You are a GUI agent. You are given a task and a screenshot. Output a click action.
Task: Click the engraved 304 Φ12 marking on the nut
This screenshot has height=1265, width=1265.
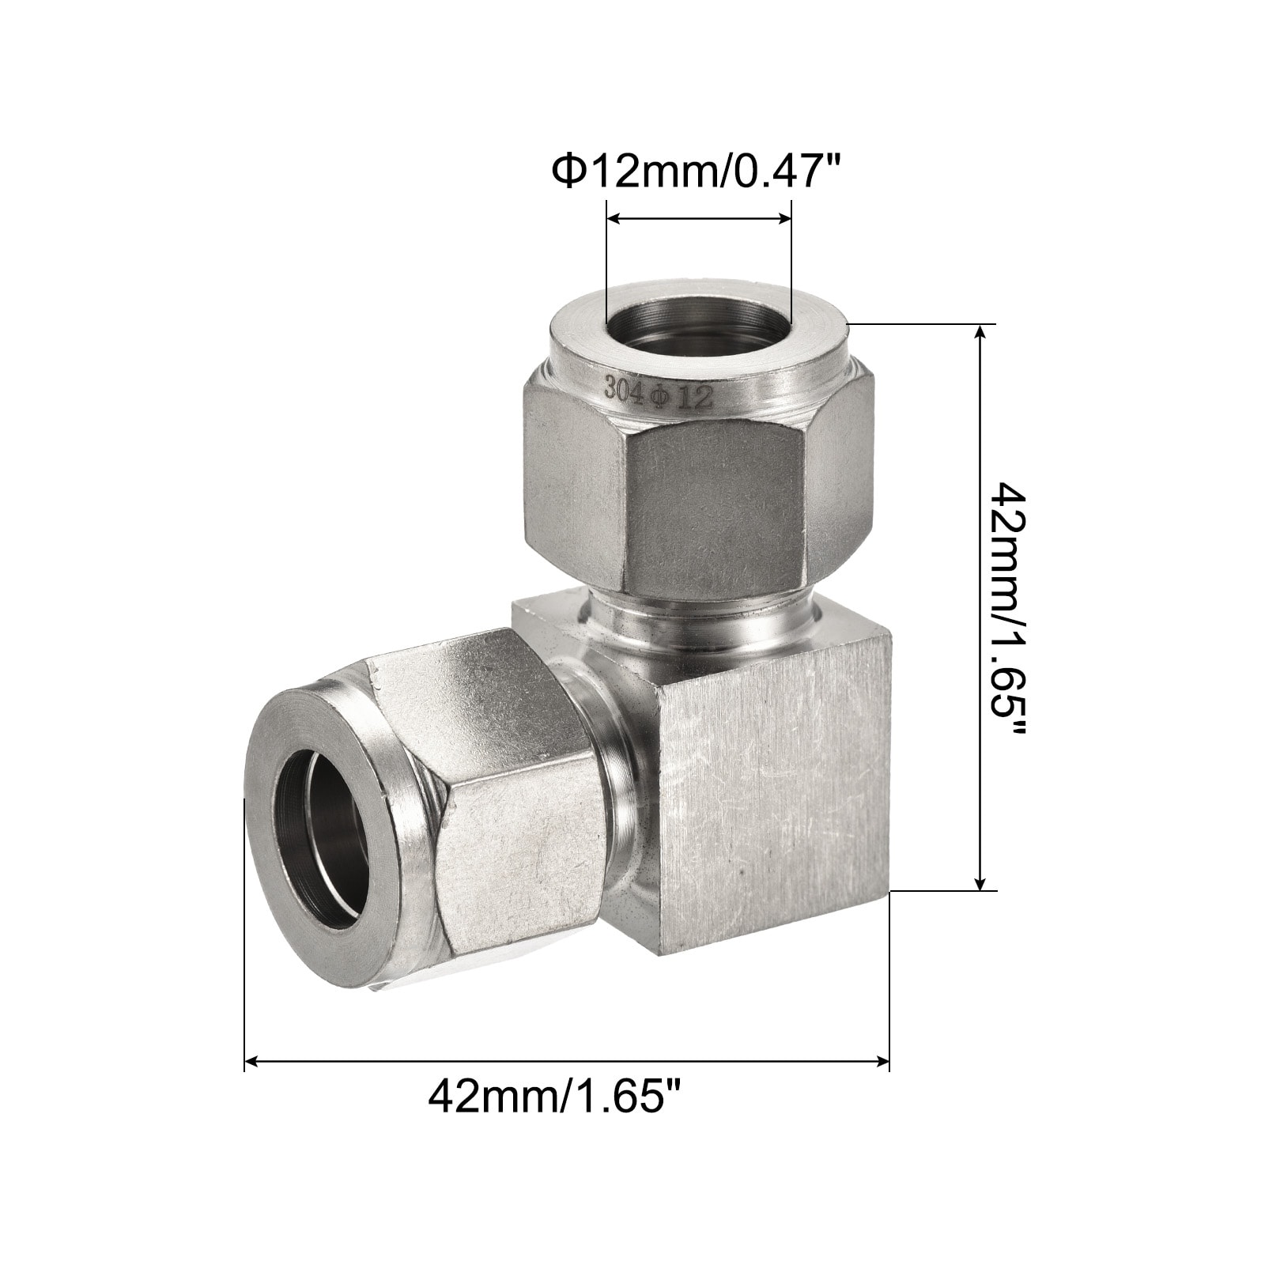pos(659,392)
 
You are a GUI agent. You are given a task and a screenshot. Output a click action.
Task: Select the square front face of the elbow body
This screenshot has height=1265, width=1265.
pos(776,768)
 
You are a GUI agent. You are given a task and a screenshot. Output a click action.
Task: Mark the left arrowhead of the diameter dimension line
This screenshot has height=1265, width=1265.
pos(612,221)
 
